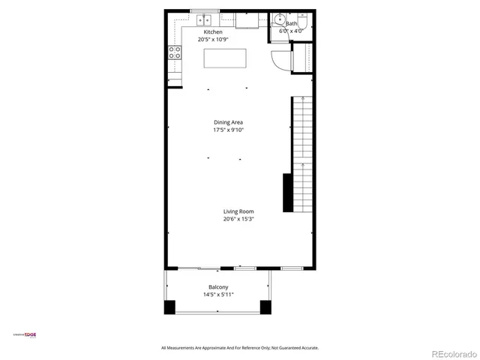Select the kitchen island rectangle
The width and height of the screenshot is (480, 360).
pyautogui.click(x=225, y=58)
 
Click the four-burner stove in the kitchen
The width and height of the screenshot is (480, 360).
pyautogui.click(x=174, y=52)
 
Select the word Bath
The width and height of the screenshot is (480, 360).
pyautogui.click(x=291, y=24)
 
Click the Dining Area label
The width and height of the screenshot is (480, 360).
pyautogui.click(x=228, y=122)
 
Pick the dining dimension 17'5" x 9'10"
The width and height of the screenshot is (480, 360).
pyautogui.click(x=228, y=130)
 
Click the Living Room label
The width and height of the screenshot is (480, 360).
pyautogui.click(x=238, y=211)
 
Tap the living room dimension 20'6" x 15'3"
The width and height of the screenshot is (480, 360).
pyautogui.click(x=238, y=219)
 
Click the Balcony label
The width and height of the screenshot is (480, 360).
pyautogui.click(x=218, y=287)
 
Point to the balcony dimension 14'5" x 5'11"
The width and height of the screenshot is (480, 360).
pyautogui.click(x=218, y=295)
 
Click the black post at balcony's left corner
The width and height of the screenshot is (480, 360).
pyautogui.click(x=169, y=306)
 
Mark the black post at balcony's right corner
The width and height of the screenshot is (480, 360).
pyautogui.click(x=265, y=306)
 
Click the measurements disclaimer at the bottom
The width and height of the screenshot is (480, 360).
pyautogui.click(x=240, y=348)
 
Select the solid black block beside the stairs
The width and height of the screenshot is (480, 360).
pyautogui.click(x=287, y=192)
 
